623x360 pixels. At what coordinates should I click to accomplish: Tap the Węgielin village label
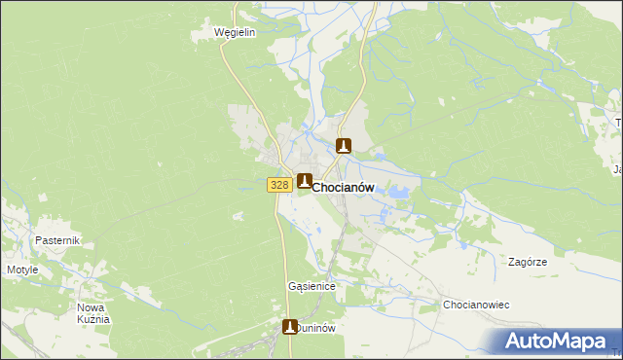pyautogui.click(x=235, y=32)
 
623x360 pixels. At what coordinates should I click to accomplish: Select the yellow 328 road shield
pyautogui.click(x=278, y=185)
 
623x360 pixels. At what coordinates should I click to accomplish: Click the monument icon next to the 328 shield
pyautogui.click(x=305, y=182)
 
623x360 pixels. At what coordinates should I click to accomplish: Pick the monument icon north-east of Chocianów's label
pyautogui.click(x=343, y=146)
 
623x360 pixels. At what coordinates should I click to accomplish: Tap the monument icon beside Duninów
pyautogui.click(x=290, y=327)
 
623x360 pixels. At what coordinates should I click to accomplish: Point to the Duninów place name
pyautogui.click(x=316, y=329)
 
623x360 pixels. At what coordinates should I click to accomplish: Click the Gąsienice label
pyautogui.click(x=311, y=287)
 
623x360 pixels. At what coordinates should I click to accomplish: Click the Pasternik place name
pyautogui.click(x=56, y=240)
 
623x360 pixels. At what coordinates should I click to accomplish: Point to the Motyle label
pyautogui.click(x=22, y=270)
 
